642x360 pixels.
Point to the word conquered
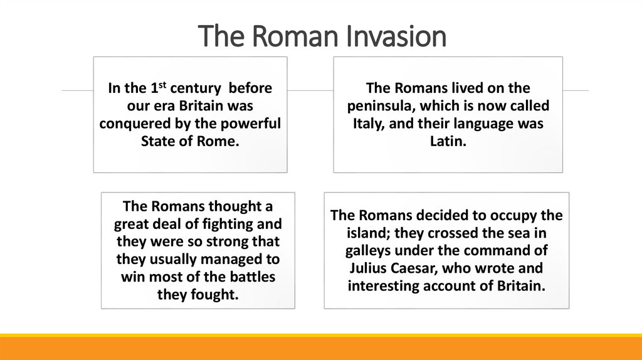132,123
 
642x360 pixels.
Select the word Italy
367,124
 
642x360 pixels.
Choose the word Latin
448,142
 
